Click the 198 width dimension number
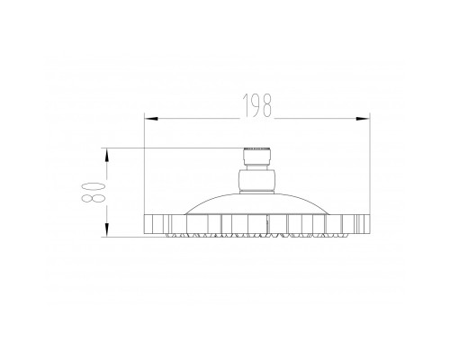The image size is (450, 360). pyautogui.click(x=257, y=105)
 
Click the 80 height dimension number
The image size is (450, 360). pyautogui.click(x=94, y=192)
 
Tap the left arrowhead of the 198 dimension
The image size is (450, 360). pyautogui.click(x=151, y=119)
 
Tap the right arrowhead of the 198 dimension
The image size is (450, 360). pyautogui.click(x=363, y=119)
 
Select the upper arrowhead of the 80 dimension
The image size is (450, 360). pyautogui.click(x=107, y=155)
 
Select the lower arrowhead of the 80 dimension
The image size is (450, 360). pyautogui.click(x=107, y=229)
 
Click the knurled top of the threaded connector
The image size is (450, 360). pyautogui.click(x=256, y=149)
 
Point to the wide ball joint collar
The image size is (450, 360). pyautogui.click(x=256, y=180)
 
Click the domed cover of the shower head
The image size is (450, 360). pyautogui.click(x=256, y=204)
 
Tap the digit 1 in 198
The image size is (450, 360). pyautogui.click(x=246, y=105)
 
